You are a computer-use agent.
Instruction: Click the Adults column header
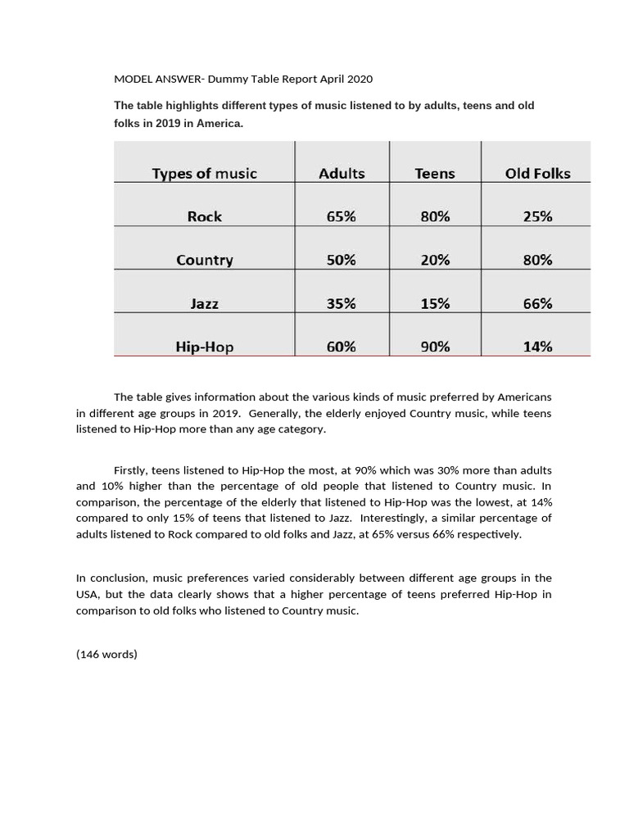(342, 173)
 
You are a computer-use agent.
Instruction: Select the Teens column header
(435, 173)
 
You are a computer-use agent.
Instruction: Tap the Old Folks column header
(537, 173)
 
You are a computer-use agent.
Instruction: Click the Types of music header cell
(204, 173)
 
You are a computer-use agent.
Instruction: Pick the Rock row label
(204, 216)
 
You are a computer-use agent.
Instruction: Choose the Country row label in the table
(204, 260)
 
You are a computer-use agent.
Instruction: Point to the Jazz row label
(204, 303)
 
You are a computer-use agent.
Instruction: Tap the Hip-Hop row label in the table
(204, 347)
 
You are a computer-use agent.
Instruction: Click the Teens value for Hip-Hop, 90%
(435, 347)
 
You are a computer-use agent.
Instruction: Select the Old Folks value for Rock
(537, 216)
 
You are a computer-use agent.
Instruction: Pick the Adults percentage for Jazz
(342, 303)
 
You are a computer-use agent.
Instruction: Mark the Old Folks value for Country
(537, 260)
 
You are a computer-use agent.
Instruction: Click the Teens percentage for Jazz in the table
(435, 303)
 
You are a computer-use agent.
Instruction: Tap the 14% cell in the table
(537, 347)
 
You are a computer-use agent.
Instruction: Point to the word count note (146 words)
(106, 654)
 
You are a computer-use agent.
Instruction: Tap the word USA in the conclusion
(86, 595)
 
